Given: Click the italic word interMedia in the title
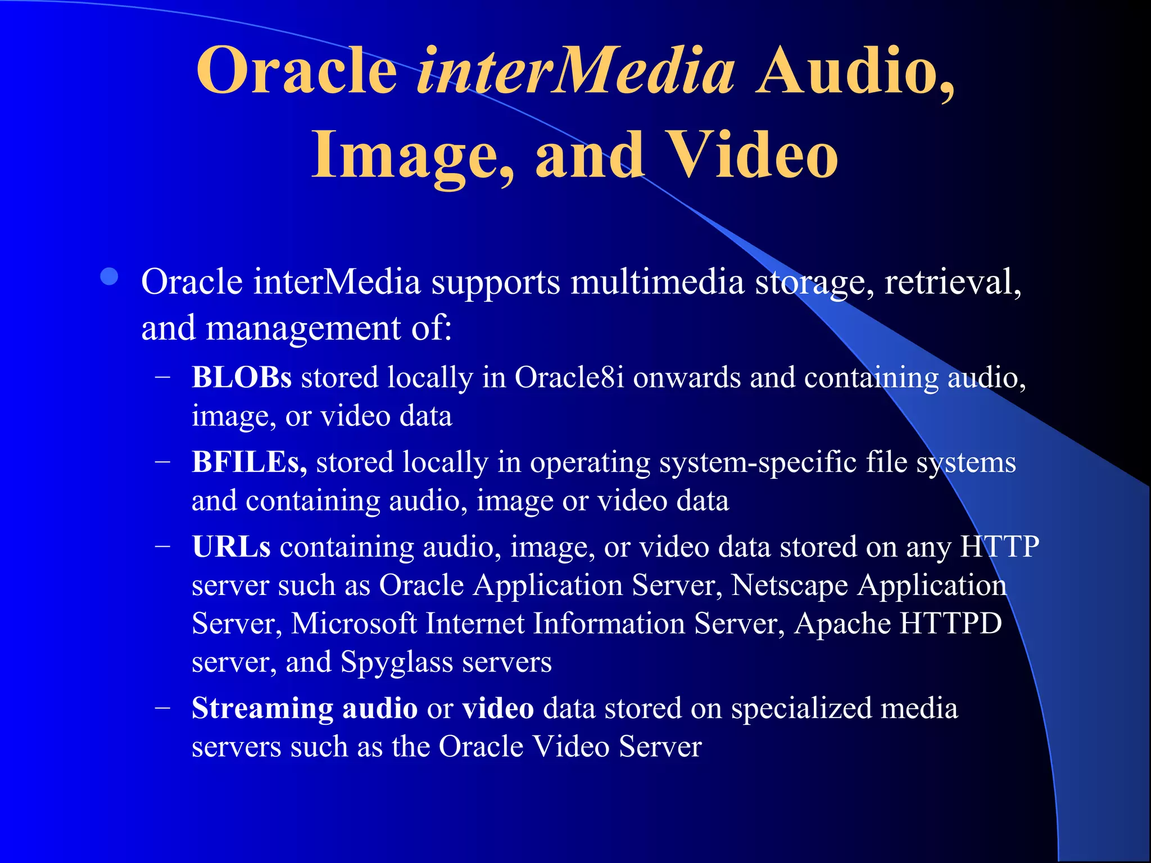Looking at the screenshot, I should tap(575, 71).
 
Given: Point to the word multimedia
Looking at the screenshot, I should tap(657, 281).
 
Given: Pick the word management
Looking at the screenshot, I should tap(303, 328).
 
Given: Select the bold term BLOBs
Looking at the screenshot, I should tap(242, 377).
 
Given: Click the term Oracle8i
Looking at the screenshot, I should tap(569, 377).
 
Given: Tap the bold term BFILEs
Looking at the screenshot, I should tap(249, 462).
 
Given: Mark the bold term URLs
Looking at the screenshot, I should tap(231, 547).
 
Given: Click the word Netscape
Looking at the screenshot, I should tap(790, 585).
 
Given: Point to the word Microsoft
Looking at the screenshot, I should tap(354, 624).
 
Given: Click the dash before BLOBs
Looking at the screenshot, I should tap(163, 378).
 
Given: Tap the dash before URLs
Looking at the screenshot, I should tap(163, 547).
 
